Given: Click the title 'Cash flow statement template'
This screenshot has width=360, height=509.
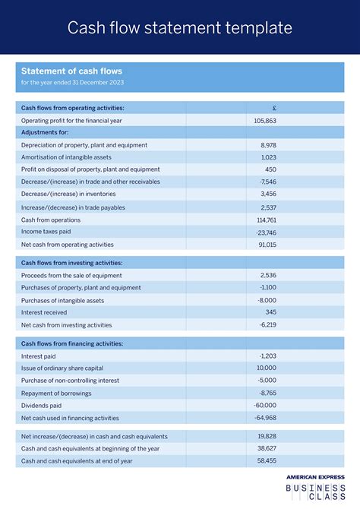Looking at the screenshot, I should click(x=179, y=28).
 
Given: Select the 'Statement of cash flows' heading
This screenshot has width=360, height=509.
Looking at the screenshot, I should click(x=71, y=71).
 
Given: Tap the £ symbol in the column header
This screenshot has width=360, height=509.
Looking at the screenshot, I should click(x=273, y=108).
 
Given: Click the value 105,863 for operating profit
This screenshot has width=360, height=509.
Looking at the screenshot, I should click(x=265, y=121).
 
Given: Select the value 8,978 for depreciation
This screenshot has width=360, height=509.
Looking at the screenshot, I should click(x=268, y=145).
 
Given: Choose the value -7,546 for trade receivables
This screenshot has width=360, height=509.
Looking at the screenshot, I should click(x=267, y=182).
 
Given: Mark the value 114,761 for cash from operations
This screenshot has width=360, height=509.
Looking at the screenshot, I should click(x=266, y=220).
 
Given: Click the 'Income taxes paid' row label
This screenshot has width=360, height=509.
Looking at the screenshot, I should click(x=46, y=232).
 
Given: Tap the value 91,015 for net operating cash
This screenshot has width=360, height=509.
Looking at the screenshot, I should click(x=267, y=245).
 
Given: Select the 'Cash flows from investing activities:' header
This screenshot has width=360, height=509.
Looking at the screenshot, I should click(x=71, y=263).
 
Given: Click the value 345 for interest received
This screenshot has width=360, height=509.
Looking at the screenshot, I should click(x=270, y=312).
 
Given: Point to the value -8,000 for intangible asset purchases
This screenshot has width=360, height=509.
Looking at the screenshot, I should click(x=267, y=300).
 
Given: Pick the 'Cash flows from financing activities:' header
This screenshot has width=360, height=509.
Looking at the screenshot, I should click(x=72, y=343).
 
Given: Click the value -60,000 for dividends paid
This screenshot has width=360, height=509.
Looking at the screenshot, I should click(x=266, y=406).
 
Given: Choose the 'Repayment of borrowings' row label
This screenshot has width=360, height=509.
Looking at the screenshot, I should click(x=56, y=393).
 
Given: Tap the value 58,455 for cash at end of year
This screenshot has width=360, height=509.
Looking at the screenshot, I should click(x=267, y=460).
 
